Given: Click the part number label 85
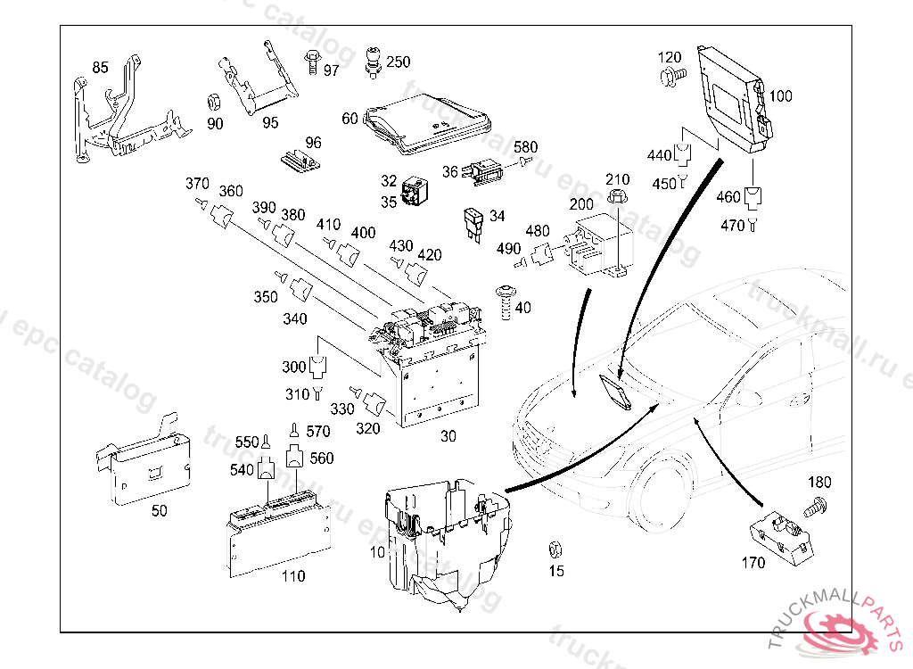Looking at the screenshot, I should tap(100, 67).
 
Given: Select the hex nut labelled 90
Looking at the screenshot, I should tap(214, 99).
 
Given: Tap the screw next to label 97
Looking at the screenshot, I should tap(313, 62).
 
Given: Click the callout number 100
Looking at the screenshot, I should tap(780, 96).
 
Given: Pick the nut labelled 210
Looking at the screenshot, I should tap(617, 196).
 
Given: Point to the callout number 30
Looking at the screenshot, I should tap(448, 437).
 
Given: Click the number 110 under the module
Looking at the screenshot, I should tap(293, 576).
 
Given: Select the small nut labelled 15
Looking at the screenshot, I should tap(555, 548).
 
